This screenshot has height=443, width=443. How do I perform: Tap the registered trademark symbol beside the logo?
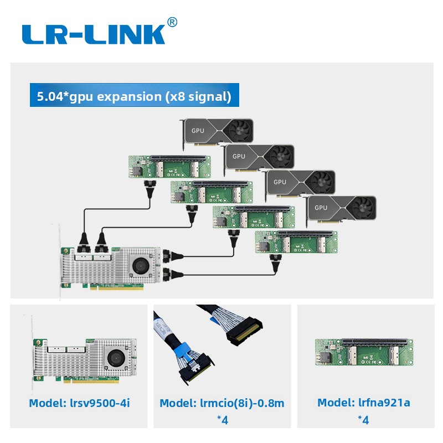172,22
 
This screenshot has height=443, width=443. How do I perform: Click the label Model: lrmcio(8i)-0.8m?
222,403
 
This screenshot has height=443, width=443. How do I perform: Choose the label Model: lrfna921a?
364,403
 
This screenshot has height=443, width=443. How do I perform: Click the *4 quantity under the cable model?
222,420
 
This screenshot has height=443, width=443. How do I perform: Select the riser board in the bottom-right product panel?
364,351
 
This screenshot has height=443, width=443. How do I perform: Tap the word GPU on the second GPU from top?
239,156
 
